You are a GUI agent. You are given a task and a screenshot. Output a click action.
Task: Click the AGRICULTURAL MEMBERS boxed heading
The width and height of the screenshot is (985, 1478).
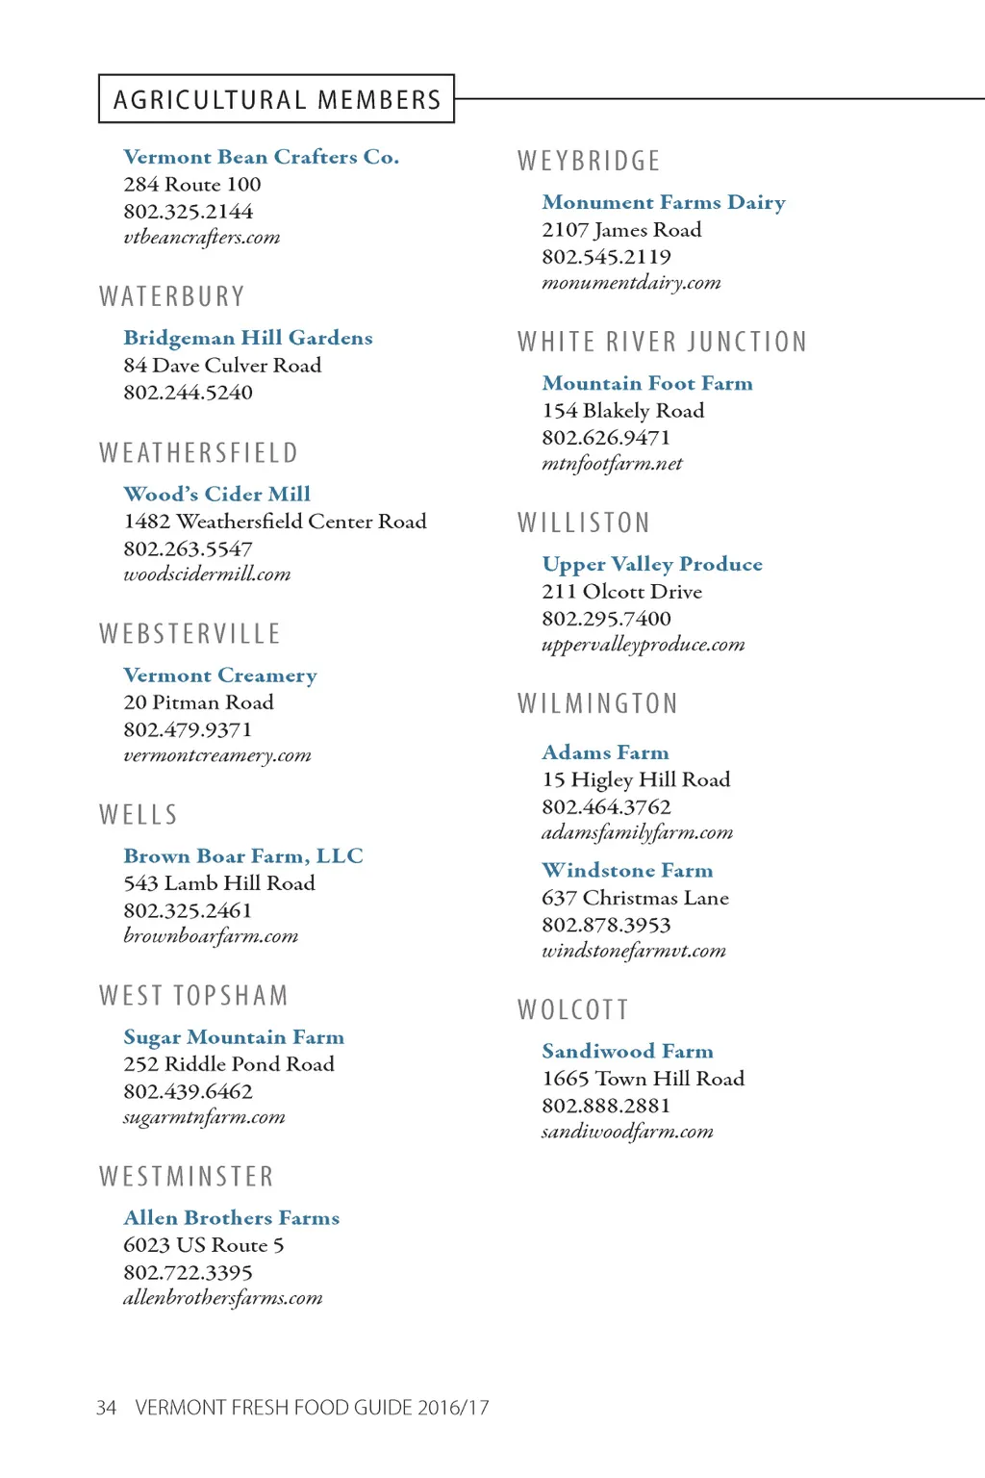[x=277, y=99]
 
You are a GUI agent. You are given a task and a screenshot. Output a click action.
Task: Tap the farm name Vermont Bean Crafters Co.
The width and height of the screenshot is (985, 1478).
[x=261, y=157]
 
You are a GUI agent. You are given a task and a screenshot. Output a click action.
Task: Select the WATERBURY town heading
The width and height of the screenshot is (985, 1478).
[x=172, y=296]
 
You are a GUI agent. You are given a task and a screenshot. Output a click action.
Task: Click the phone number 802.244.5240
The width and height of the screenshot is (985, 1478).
[x=188, y=393]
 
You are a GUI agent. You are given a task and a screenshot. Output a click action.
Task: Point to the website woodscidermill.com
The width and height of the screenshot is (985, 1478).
[x=207, y=574]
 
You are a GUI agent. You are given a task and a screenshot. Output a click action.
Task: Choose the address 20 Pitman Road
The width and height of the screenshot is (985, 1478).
[x=198, y=702]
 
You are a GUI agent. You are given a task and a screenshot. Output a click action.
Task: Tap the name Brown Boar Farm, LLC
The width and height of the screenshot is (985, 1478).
[x=243, y=856]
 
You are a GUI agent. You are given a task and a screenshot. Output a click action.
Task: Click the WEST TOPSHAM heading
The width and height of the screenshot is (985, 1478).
[x=193, y=996]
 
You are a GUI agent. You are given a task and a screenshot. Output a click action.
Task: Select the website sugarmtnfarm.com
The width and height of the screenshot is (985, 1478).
[x=204, y=1117]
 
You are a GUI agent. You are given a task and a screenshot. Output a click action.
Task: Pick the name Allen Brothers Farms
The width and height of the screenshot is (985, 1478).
[x=231, y=1218]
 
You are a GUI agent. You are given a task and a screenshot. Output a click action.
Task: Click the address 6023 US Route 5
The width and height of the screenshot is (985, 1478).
[x=203, y=1245]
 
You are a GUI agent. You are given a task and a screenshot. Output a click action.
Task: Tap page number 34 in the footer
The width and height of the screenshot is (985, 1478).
[x=106, y=1408]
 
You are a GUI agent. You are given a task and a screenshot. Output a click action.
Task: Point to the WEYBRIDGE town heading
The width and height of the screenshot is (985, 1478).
[x=589, y=161]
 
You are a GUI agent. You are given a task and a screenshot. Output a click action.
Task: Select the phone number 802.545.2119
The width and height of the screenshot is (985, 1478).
[x=606, y=257]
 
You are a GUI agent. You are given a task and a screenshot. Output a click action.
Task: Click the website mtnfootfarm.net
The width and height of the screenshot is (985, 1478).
[x=612, y=464]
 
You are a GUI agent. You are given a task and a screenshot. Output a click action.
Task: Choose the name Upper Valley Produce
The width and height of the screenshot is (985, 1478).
[x=652, y=564]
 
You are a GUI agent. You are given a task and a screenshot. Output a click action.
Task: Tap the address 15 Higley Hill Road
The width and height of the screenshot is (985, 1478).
[x=636, y=779]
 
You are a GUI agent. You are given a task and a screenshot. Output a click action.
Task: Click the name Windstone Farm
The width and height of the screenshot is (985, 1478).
[x=627, y=871]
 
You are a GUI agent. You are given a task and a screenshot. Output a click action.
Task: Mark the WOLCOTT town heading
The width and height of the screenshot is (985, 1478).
[x=573, y=1009]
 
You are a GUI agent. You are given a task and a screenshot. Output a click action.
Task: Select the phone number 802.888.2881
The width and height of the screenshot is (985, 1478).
[x=606, y=1106]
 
